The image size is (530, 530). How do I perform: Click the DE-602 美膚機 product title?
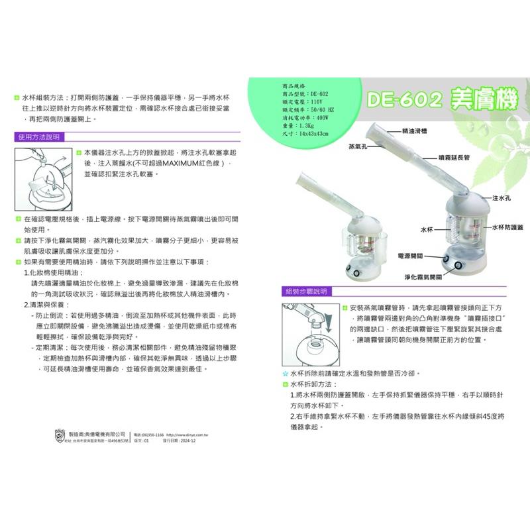pos(433,99)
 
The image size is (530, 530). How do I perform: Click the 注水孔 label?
pos(501,198)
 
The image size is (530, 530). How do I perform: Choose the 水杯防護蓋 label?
pos(508,227)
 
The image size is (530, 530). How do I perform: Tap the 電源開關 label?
pos(410,254)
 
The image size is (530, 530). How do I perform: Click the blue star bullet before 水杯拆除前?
pos(285,374)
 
